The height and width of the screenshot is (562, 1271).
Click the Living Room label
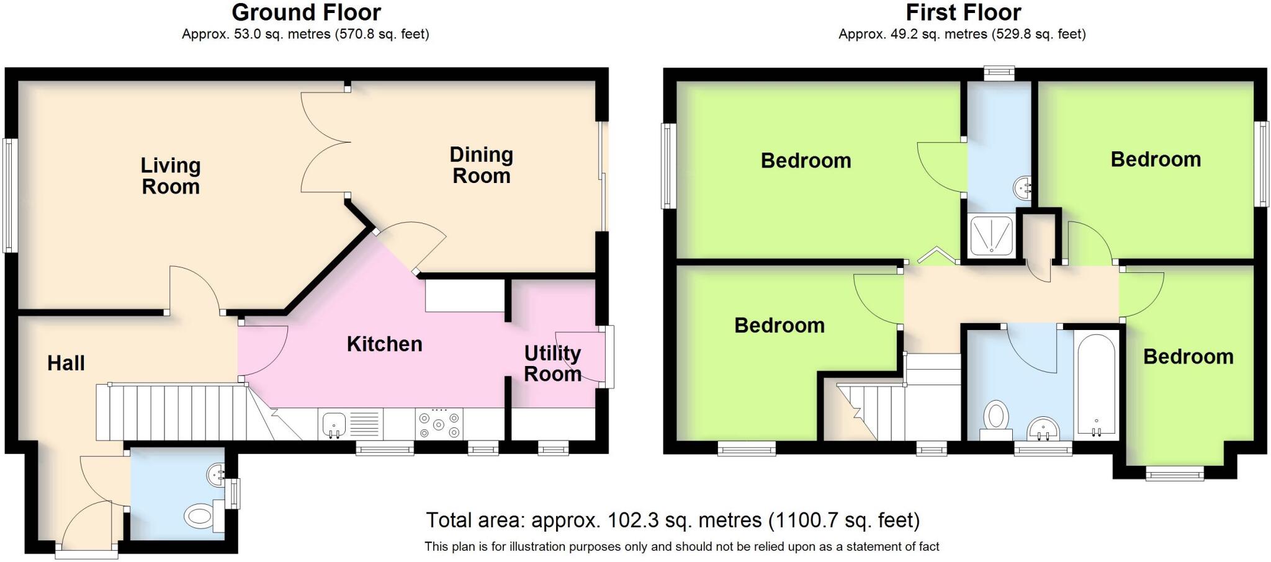(171, 176)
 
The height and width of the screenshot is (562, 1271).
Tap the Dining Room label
(481, 165)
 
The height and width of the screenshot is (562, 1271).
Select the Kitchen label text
(384, 344)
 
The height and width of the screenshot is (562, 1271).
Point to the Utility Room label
(552, 364)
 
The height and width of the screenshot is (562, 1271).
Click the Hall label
(66, 363)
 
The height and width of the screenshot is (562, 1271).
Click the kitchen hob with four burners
(439, 424)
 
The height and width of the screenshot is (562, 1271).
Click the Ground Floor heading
(306, 12)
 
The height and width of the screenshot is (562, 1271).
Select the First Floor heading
(963, 12)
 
